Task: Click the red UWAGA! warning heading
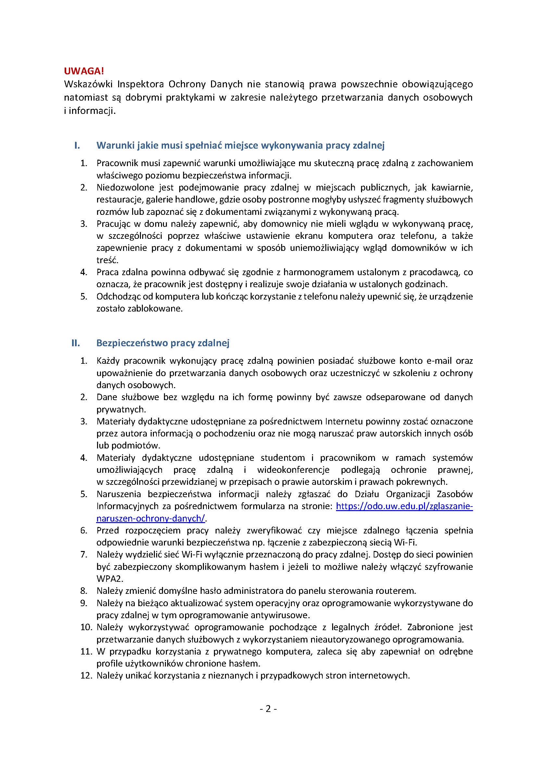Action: coord(84,71)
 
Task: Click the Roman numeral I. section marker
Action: coord(77,145)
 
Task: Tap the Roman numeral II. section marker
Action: coord(76,343)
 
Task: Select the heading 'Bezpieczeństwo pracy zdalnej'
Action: coord(163,343)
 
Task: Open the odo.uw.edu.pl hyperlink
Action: coord(404,506)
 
